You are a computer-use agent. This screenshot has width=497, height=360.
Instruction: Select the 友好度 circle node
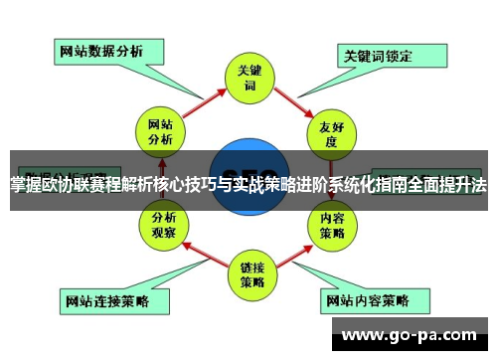click(x=331, y=132)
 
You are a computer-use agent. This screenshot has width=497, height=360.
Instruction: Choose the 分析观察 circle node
click(x=161, y=225)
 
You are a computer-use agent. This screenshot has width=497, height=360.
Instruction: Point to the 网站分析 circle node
click(x=161, y=132)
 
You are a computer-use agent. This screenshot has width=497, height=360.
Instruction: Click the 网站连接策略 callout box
click(x=105, y=298)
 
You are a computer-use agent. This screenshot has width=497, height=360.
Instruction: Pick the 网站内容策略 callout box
click(x=368, y=298)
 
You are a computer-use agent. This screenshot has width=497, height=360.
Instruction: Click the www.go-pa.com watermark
click(x=413, y=335)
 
